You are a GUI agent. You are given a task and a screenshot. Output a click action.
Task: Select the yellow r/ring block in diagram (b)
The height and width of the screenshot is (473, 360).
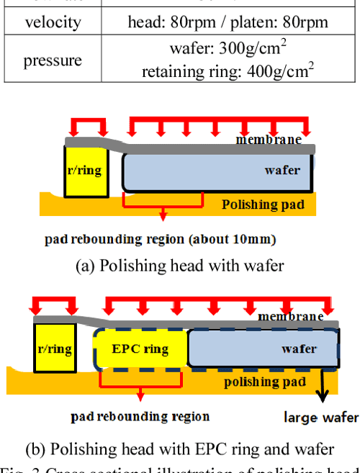[54, 349]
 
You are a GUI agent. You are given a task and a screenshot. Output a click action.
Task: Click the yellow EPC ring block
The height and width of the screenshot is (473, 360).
[140, 349]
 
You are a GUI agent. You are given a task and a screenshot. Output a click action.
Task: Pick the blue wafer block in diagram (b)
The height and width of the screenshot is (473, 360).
[263, 349]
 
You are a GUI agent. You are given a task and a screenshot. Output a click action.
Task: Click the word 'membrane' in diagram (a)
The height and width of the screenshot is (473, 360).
[269, 139]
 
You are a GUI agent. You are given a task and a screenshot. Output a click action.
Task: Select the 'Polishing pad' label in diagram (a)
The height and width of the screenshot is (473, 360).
[263, 204]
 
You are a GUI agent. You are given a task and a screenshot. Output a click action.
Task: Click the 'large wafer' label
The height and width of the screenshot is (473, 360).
[320, 417]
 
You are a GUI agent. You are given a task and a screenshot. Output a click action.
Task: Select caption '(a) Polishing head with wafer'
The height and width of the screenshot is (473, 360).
[180, 265]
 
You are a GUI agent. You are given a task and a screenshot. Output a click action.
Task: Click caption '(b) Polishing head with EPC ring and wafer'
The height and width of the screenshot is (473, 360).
[180, 449]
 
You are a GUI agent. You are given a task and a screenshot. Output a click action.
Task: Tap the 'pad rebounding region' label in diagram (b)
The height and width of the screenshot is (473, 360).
[140, 416]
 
